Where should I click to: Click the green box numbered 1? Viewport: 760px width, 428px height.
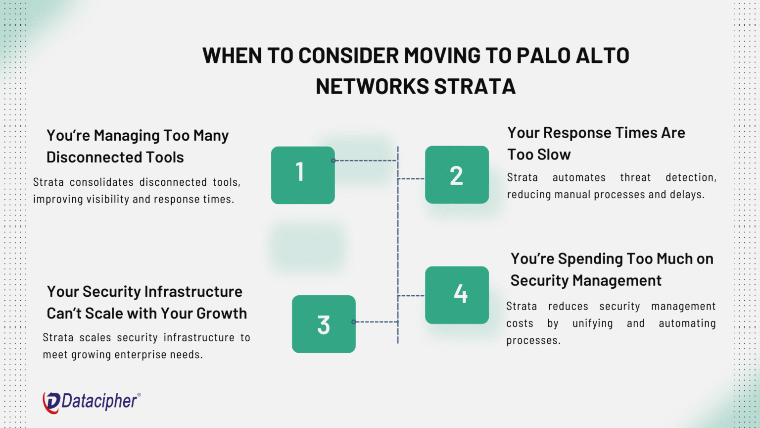pyautogui.click(x=303, y=175)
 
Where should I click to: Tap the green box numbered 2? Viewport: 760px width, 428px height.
pyautogui.click(x=457, y=175)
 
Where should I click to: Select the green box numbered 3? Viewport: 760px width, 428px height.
pyautogui.click(x=324, y=324)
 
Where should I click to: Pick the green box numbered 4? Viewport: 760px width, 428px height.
pyautogui.click(x=457, y=295)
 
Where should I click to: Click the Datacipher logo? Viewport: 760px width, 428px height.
pyautogui.click(x=92, y=402)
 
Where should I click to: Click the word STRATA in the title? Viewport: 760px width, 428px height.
pyautogui.click(x=475, y=87)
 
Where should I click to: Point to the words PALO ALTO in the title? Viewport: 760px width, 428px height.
pyautogui.click(x=572, y=55)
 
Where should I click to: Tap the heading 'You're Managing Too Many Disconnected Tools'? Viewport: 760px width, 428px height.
pyautogui.click(x=138, y=146)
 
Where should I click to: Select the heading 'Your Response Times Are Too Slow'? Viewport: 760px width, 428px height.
pyautogui.click(x=596, y=144)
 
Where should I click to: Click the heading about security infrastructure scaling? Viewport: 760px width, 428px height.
pyautogui.click(x=146, y=302)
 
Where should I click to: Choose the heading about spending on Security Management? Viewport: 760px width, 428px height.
pyautogui.click(x=612, y=269)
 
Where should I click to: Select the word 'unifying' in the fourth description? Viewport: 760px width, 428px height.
pyautogui.click(x=592, y=323)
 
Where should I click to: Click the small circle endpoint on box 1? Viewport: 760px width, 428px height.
pyautogui.click(x=333, y=160)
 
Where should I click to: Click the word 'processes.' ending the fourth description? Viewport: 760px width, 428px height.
pyautogui.click(x=533, y=341)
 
